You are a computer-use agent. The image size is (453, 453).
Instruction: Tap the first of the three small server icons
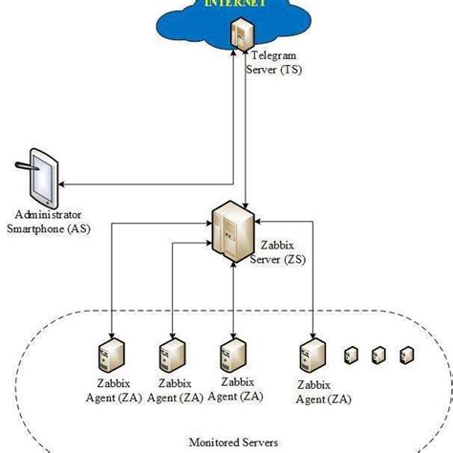(x=350, y=355)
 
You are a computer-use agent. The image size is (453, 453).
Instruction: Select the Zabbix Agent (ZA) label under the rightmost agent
(x=312, y=391)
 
